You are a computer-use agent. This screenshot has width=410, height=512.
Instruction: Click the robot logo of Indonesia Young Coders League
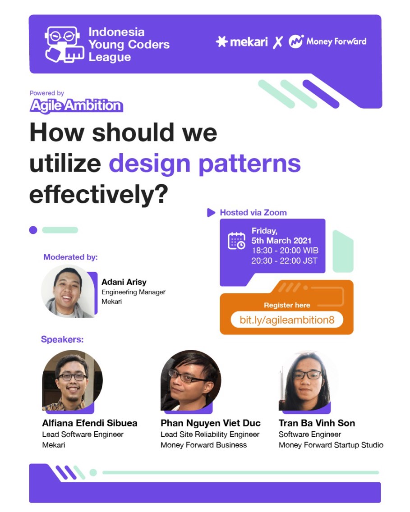click(x=64, y=45)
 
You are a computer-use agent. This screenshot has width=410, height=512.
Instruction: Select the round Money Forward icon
click(x=296, y=42)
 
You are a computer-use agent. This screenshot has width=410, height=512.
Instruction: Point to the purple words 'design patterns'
click(x=204, y=164)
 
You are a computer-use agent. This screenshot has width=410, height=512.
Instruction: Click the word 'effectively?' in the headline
click(x=99, y=194)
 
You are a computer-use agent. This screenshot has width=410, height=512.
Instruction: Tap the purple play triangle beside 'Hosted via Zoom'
click(x=211, y=213)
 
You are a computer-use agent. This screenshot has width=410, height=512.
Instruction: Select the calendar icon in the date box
click(x=236, y=241)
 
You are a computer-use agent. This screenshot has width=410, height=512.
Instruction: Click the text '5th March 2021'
click(x=281, y=241)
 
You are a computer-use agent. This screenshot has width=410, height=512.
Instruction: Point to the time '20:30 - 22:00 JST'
click(x=284, y=261)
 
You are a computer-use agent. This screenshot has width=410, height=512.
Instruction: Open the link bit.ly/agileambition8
click(x=287, y=320)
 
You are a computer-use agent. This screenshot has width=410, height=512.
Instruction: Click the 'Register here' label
click(x=287, y=305)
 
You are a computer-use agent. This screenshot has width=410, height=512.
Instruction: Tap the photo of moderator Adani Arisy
click(x=68, y=291)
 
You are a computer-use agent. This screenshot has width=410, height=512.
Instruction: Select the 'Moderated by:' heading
click(x=70, y=257)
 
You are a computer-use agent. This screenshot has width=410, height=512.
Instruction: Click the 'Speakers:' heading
click(x=62, y=339)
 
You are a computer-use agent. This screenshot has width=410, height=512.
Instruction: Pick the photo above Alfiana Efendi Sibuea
click(x=72, y=380)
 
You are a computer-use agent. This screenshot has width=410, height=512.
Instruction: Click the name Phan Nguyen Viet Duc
click(x=210, y=423)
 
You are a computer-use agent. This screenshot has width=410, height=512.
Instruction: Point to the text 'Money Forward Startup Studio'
click(x=331, y=445)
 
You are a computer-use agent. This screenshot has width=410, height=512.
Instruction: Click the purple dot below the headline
click(x=33, y=230)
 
